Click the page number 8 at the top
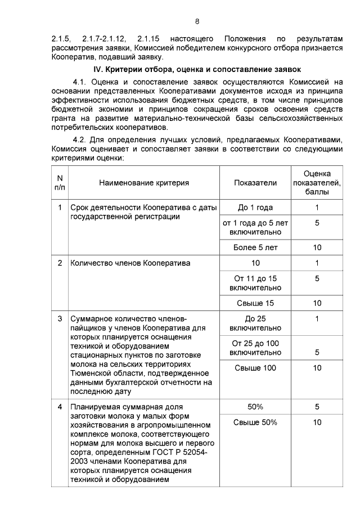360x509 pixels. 197,21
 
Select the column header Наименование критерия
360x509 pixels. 144,183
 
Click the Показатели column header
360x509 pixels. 255,183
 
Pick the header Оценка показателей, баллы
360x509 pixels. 317,183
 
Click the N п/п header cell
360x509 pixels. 60,183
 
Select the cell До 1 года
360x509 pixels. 255,208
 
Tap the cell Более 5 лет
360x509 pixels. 255,247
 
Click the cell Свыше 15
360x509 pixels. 255,303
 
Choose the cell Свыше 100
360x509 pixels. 255,368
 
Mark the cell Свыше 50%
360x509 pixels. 255,423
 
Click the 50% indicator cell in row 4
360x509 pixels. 255,407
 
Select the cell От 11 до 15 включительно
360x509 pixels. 255,283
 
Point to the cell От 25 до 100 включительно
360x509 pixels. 255,348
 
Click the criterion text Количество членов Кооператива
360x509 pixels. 130,263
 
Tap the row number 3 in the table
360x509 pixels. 60,319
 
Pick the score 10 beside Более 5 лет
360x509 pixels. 317,247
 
